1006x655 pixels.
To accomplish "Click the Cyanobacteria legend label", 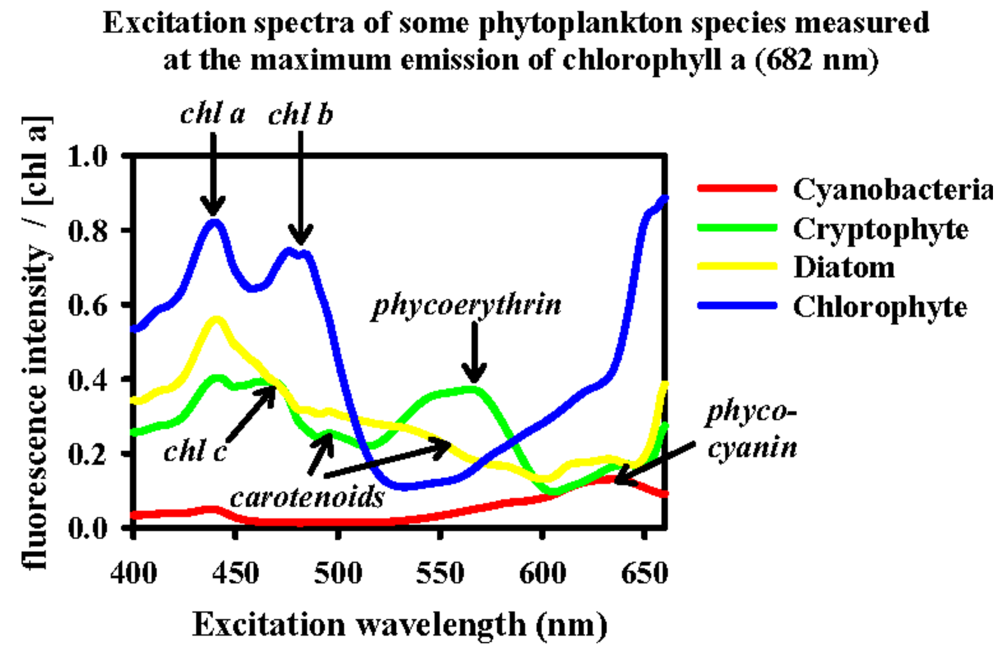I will pos(892,190).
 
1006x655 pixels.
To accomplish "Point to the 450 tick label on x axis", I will pos(236,573).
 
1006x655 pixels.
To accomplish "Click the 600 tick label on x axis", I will pos(542,573).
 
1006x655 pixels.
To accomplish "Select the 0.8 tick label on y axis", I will pos(88,231).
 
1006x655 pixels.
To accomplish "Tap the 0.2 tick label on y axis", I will pos(88,455).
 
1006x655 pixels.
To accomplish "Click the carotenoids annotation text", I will pos(307,497).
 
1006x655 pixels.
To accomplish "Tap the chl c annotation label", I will pos(195,451).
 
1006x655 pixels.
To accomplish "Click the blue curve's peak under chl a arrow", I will pos(214,222).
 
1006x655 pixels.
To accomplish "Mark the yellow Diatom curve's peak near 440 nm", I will pos(216,320).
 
